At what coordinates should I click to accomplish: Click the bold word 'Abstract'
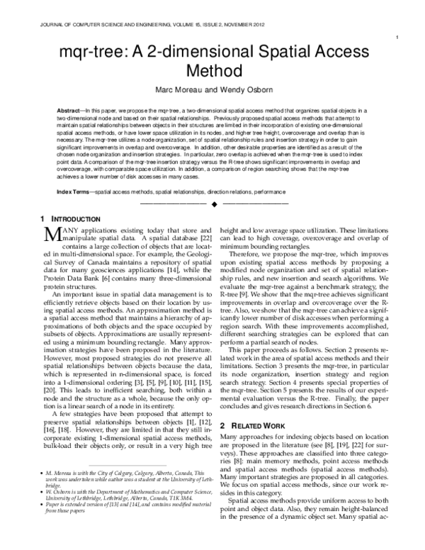coord(69,112)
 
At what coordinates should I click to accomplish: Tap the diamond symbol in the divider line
coord(212,203)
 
